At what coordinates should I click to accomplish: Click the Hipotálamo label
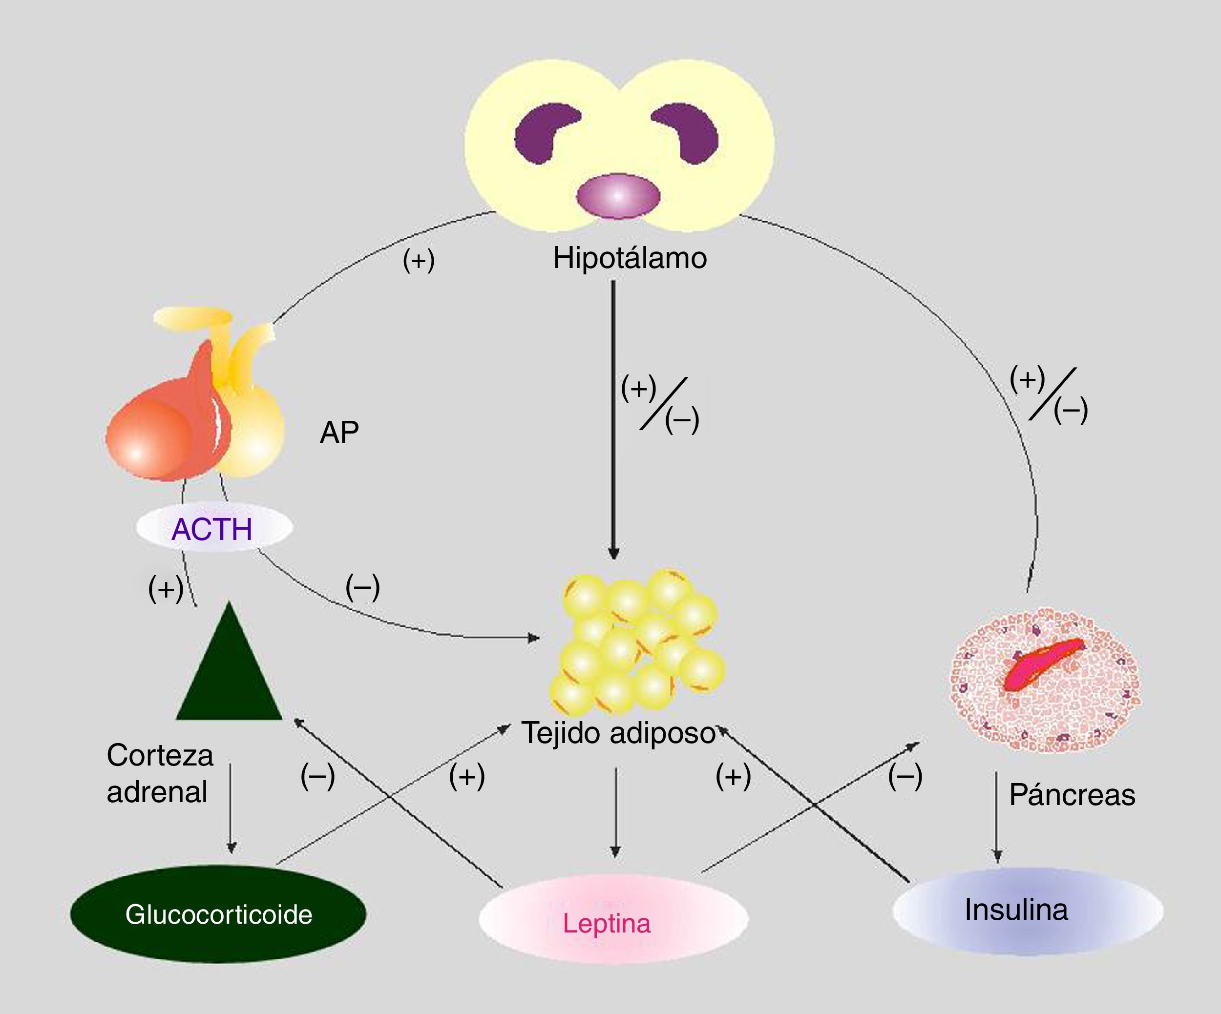point(630,259)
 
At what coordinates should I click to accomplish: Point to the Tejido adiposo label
point(618,733)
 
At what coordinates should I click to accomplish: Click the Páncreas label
point(1072,794)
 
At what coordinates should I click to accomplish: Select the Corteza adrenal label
point(159,773)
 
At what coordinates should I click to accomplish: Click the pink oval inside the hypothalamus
point(618,196)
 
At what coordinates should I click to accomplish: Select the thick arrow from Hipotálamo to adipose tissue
point(613,418)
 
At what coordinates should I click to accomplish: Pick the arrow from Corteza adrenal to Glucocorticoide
point(231,807)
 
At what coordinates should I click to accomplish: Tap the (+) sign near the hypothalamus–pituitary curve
point(419,260)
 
